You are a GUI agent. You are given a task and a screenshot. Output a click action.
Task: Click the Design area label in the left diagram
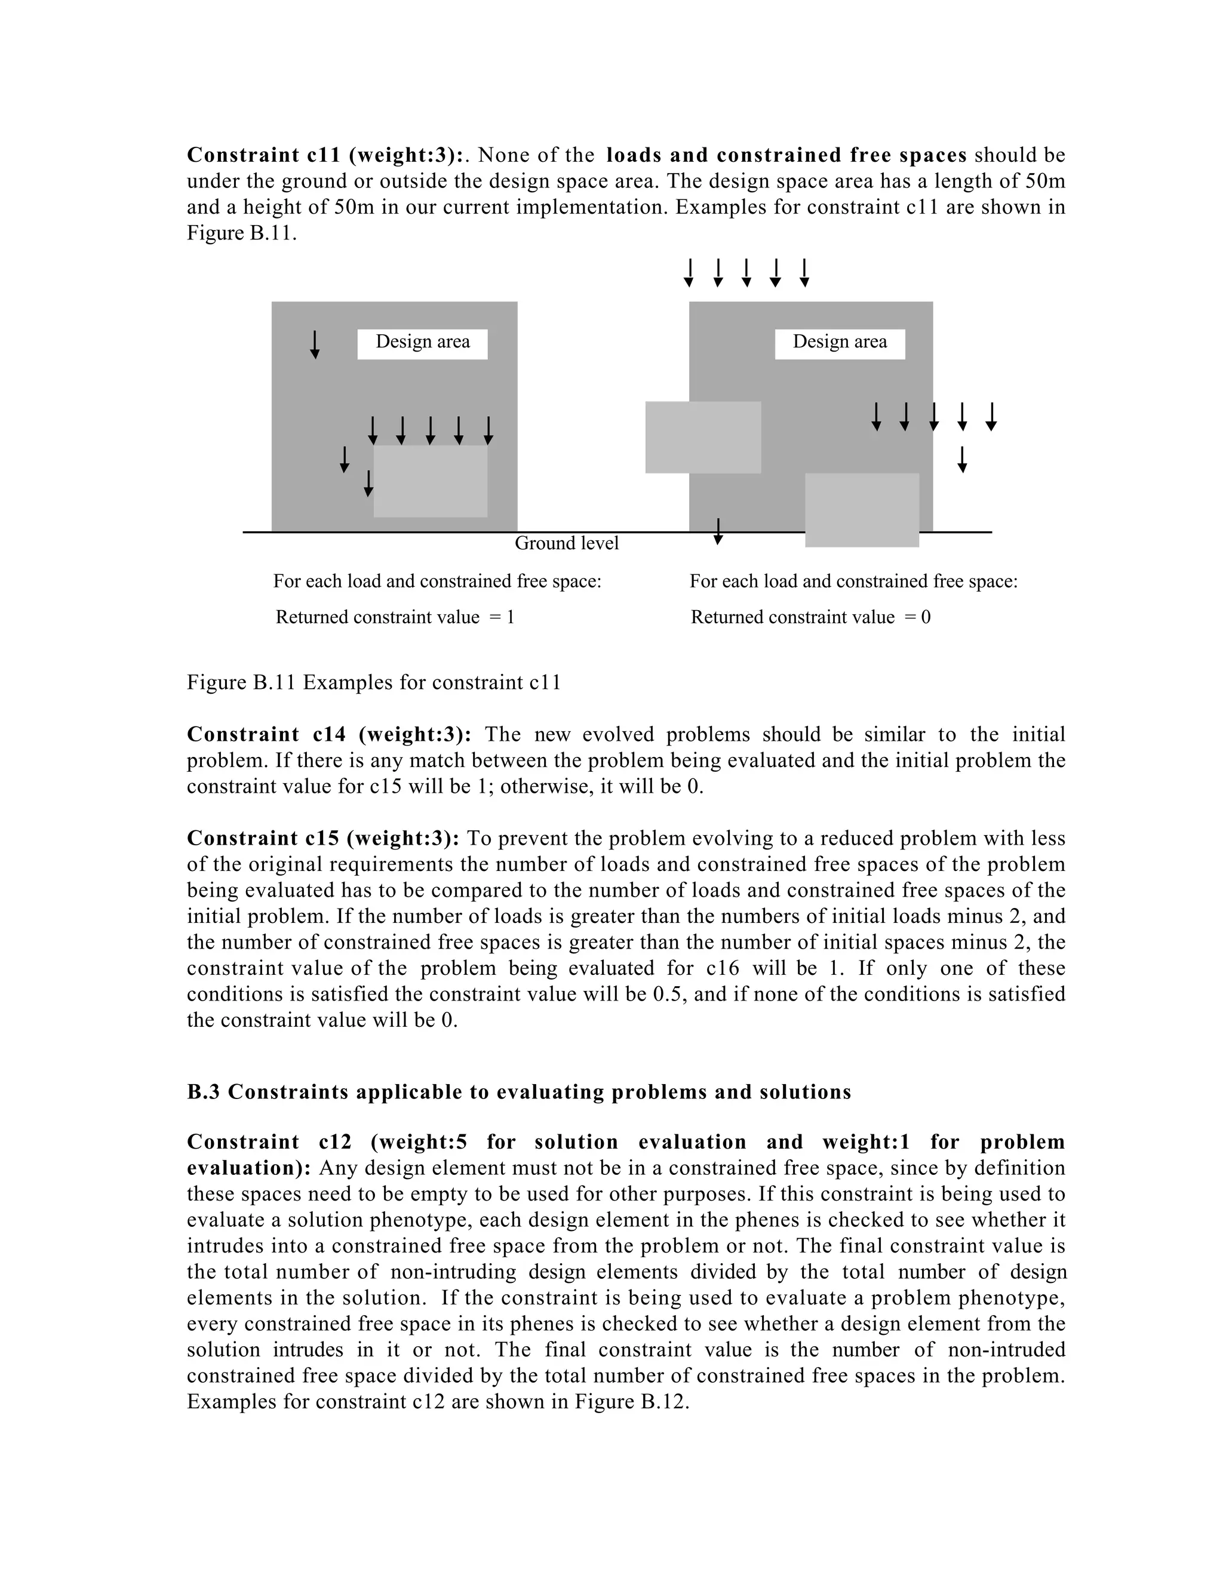click(422, 343)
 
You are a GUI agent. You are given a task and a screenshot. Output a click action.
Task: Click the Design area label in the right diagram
click(839, 343)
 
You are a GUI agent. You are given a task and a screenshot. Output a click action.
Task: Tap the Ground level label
click(566, 543)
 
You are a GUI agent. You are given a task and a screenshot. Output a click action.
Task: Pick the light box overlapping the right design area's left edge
click(702, 437)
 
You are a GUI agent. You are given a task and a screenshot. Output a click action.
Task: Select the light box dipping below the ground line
click(862, 510)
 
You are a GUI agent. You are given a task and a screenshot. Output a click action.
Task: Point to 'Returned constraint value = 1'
click(394, 617)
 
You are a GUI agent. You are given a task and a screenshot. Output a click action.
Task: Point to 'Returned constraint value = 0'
click(810, 617)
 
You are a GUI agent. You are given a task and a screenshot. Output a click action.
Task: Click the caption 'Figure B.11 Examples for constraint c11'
click(373, 682)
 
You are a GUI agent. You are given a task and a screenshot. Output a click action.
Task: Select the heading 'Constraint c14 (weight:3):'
click(329, 734)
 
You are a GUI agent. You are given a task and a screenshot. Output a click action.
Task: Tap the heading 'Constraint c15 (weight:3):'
click(322, 838)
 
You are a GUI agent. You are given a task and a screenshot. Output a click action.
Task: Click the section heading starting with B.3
click(519, 1092)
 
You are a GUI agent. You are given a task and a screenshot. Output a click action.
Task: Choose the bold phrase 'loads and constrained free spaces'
click(786, 155)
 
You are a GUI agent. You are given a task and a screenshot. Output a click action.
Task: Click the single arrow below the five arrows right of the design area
click(961, 459)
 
